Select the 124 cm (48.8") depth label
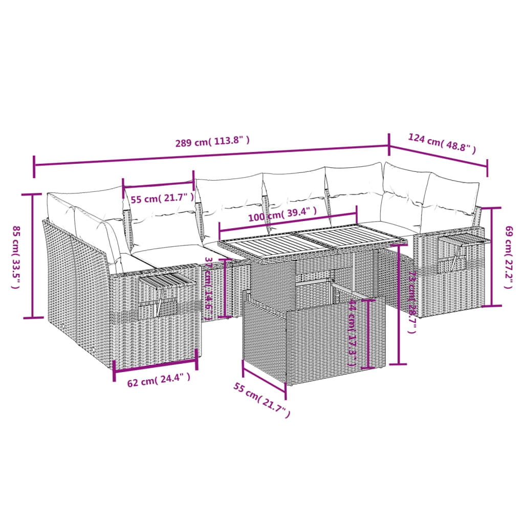(x=442, y=143)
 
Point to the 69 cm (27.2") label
(x=508, y=257)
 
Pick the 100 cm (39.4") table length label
(x=282, y=214)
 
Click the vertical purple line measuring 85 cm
(x=33, y=256)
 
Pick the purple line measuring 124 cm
(x=438, y=157)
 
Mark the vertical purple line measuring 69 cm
(x=493, y=257)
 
